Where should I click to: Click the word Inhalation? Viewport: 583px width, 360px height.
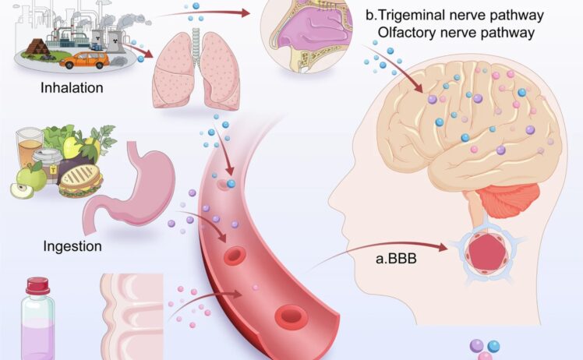pyautogui.click(x=72, y=88)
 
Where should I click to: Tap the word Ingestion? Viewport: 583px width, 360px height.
pyautogui.click(x=72, y=247)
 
